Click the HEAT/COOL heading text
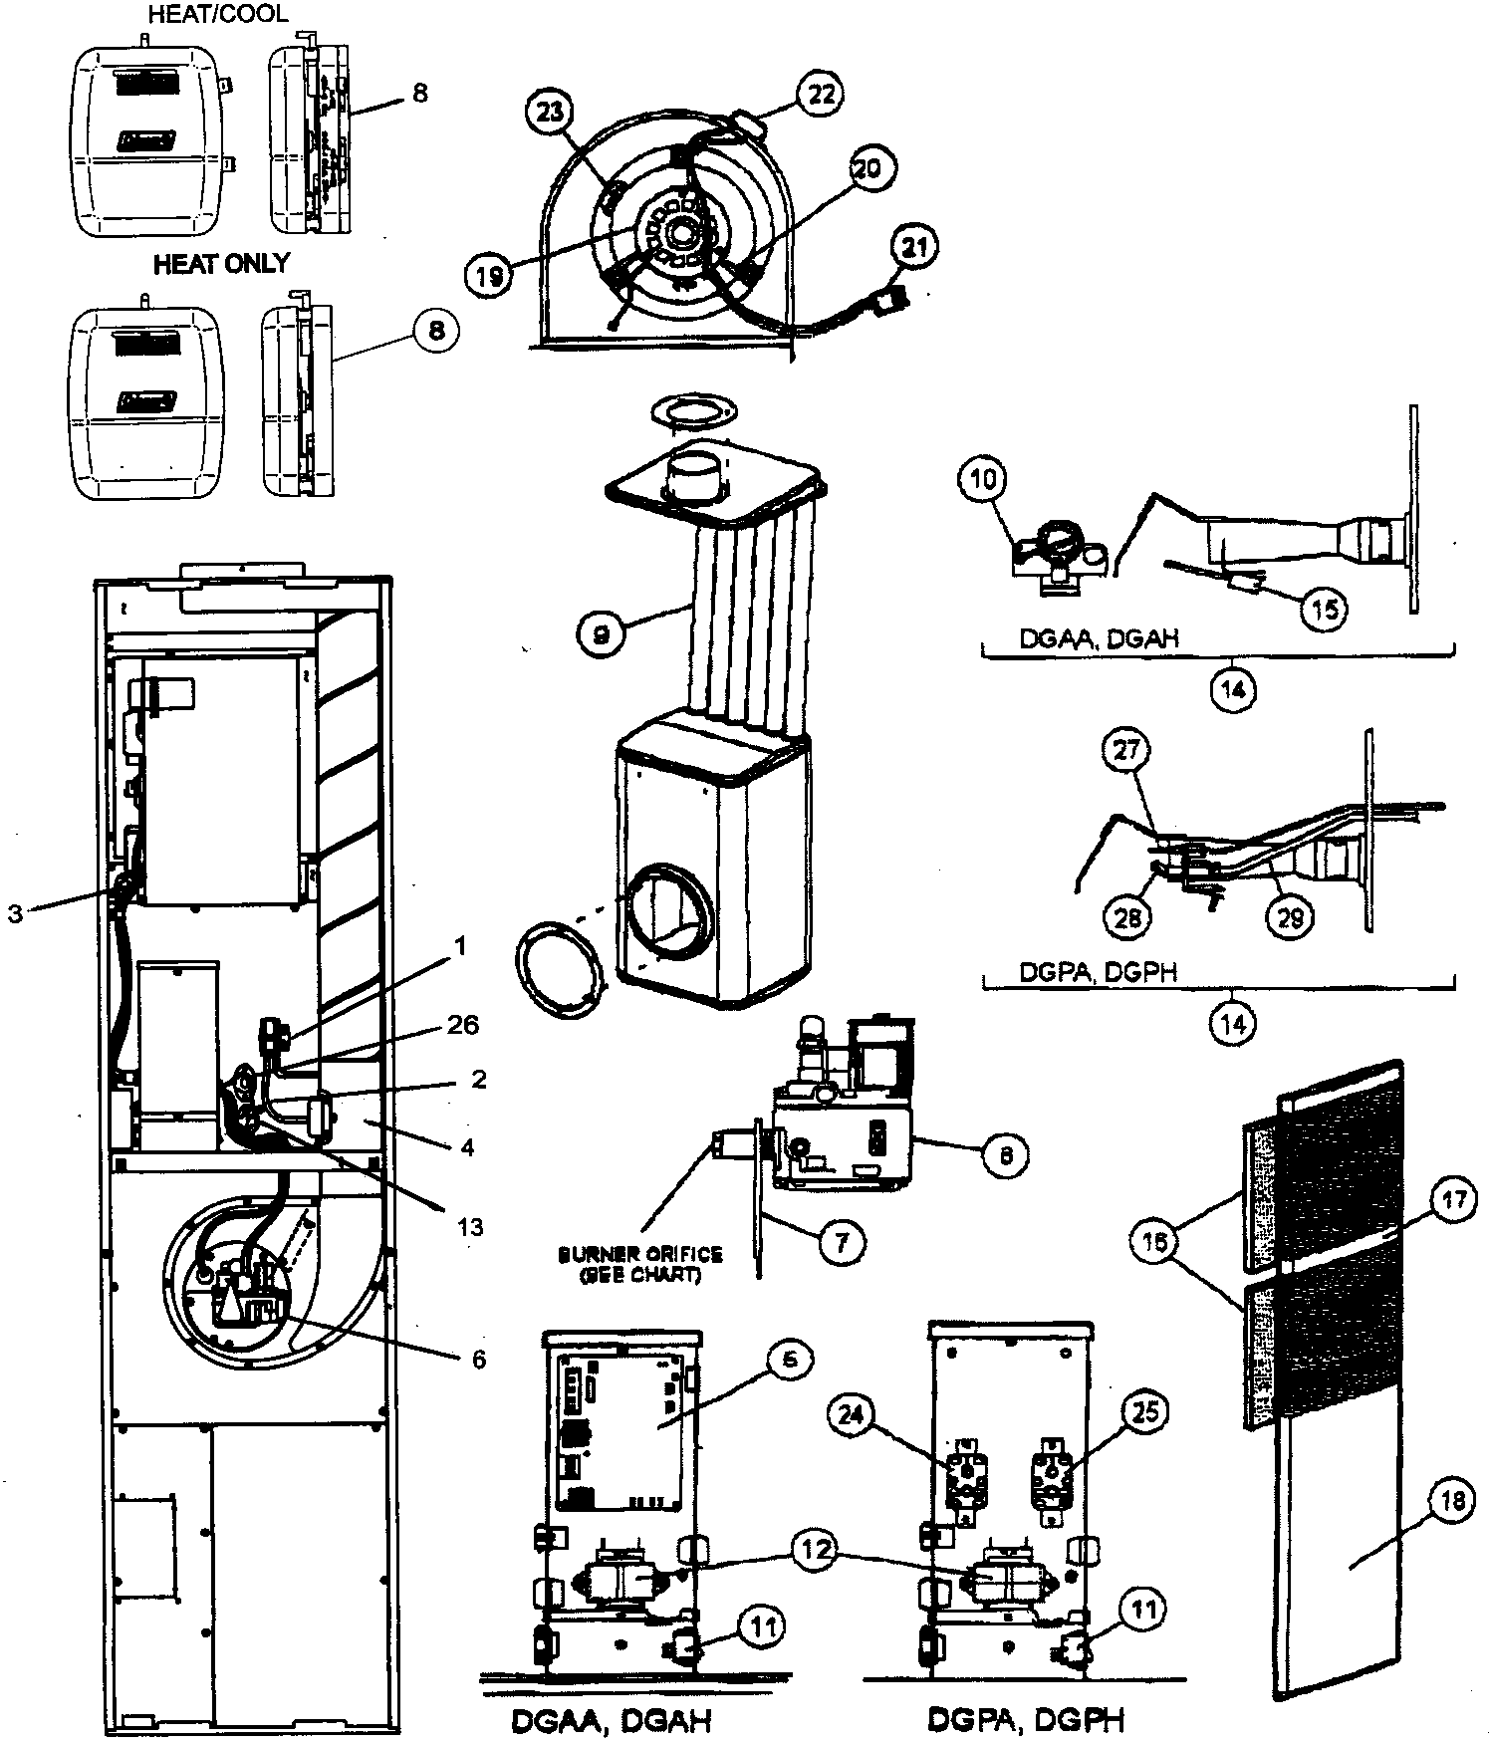[217, 14]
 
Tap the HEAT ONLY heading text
[221, 264]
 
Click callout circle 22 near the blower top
[818, 95]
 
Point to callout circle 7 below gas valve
[843, 1242]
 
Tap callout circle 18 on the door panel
[1452, 1502]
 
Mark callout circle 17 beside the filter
[1453, 1200]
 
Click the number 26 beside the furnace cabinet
[462, 1025]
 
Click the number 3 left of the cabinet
[15, 912]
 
